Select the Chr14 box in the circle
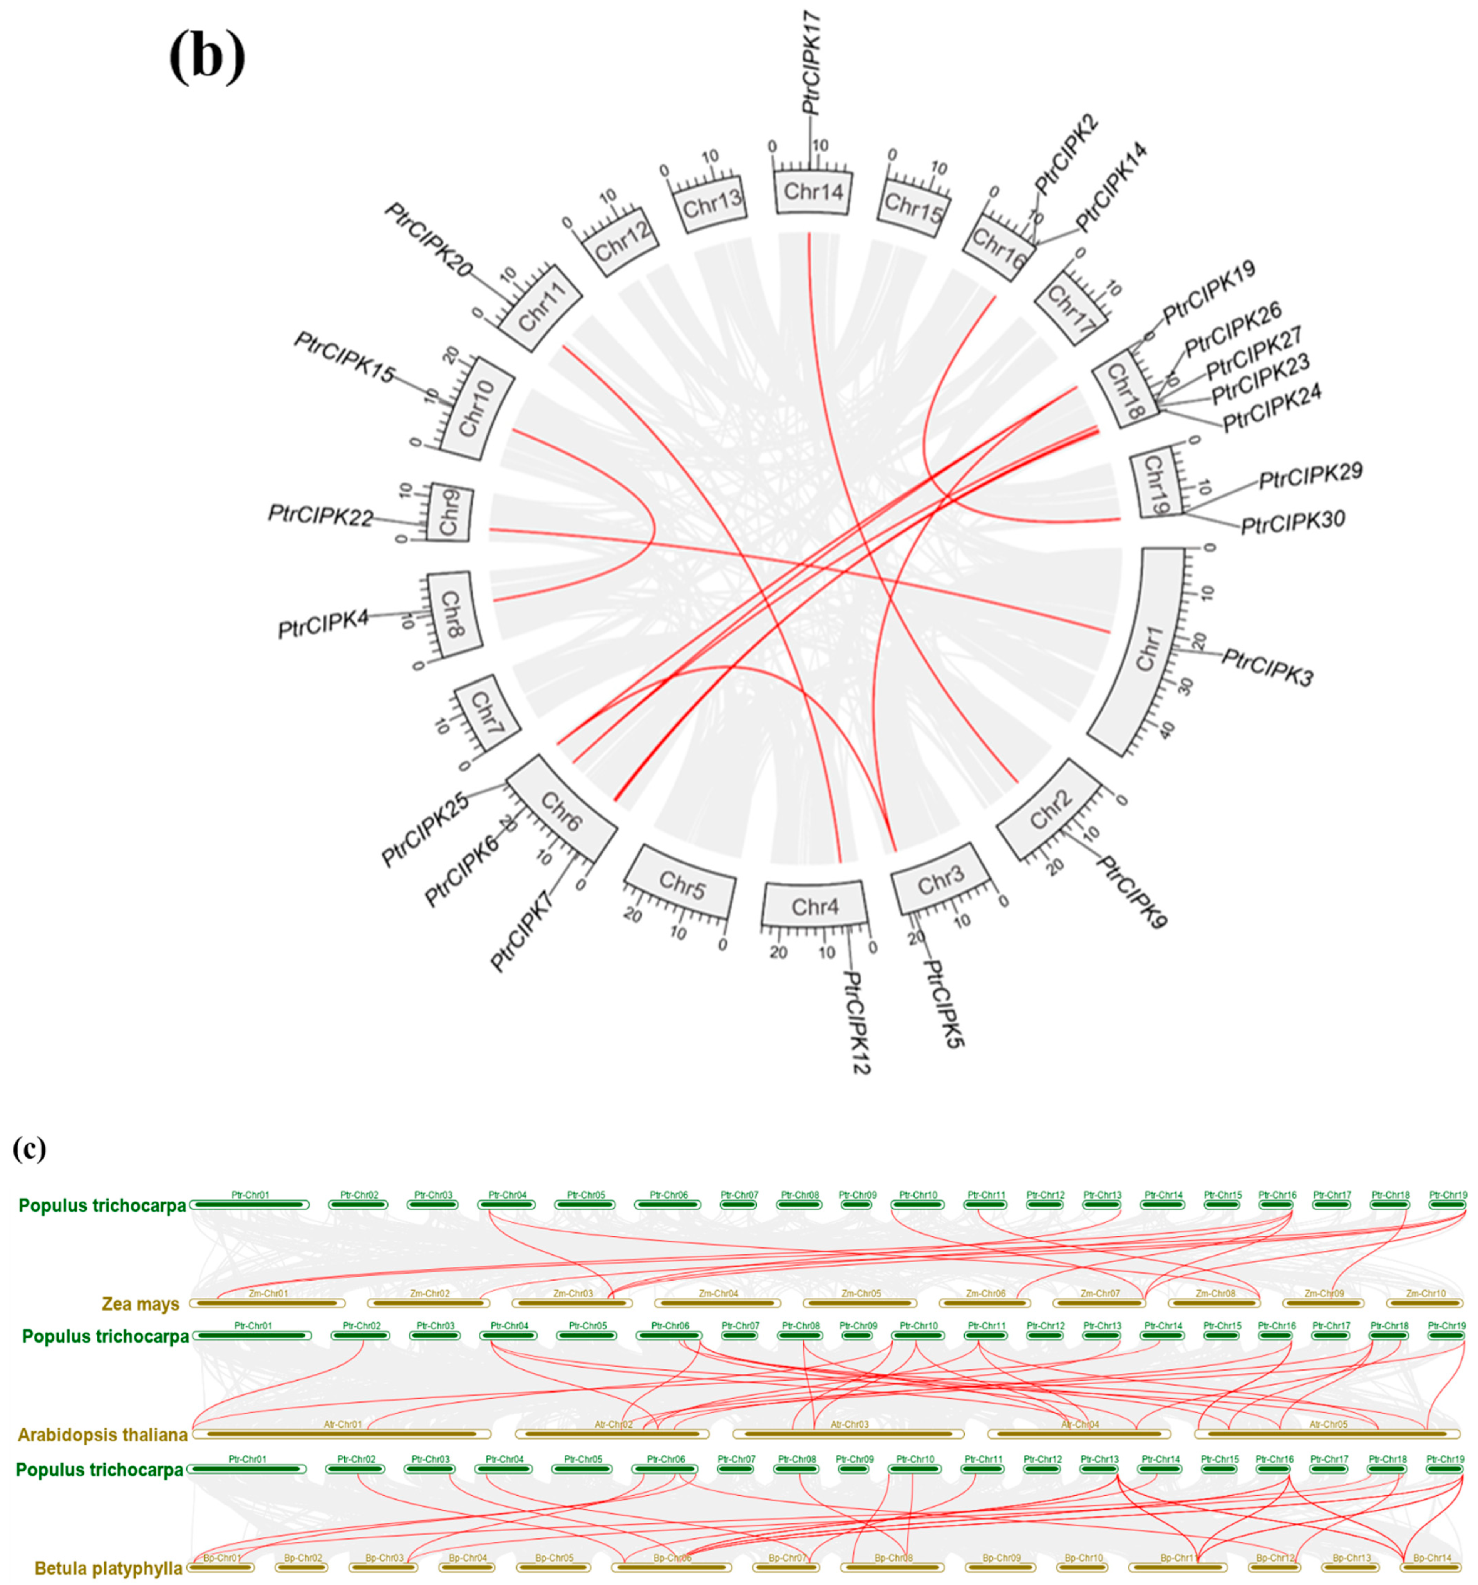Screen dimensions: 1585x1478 [813, 191]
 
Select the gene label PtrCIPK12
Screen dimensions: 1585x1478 [856, 1022]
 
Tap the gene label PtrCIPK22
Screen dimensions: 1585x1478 [321, 516]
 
